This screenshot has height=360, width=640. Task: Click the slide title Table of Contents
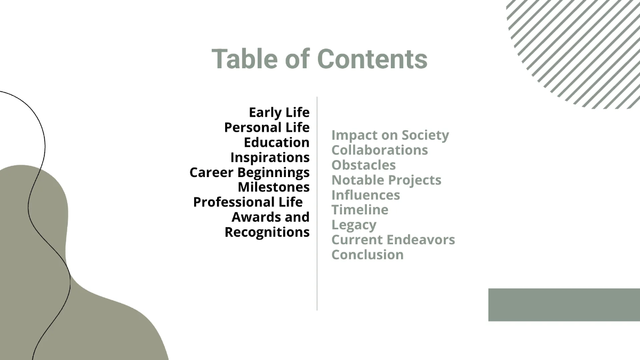pos(319,59)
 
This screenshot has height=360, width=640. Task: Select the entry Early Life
pos(279,113)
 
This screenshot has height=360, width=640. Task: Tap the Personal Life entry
pos(267,127)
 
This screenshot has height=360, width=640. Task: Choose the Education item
pos(276,142)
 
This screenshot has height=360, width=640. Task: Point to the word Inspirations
pos(270,157)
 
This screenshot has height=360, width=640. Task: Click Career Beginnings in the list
pos(250,172)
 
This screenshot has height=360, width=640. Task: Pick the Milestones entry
pos(274,187)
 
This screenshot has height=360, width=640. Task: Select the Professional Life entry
pos(248,202)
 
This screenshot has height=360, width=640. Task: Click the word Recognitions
pos(267,232)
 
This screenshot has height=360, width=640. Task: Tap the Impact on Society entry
pos(390,135)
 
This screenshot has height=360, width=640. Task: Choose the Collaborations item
pos(379,150)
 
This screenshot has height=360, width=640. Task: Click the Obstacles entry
pos(363,165)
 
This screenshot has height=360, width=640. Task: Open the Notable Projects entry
pos(386,180)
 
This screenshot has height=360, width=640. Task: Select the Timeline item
pos(359,210)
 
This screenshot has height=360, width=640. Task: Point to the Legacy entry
pos(354,225)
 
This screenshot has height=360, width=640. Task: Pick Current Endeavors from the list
pos(393,239)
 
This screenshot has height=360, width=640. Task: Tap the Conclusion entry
pos(367,254)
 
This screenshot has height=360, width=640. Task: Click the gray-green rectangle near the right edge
pos(564,305)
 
